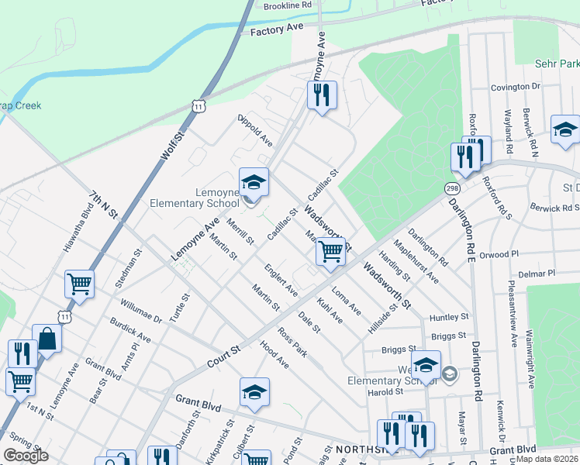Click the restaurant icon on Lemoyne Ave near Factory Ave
click(x=321, y=96)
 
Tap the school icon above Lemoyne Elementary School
click(x=253, y=184)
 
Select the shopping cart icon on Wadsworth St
click(x=330, y=251)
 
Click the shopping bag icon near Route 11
click(x=47, y=339)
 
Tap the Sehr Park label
click(x=558, y=63)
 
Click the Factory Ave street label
click(x=277, y=29)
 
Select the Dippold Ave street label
click(x=255, y=131)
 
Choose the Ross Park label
click(x=293, y=342)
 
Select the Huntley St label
click(x=450, y=317)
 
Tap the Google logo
click(x=26, y=456)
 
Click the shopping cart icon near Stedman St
click(x=79, y=284)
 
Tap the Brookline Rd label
click(x=287, y=5)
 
